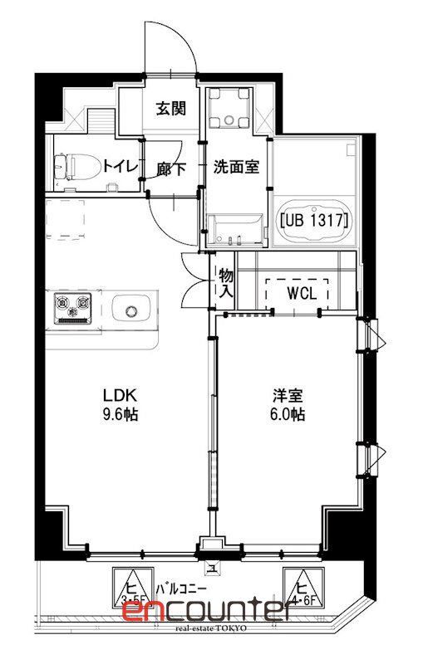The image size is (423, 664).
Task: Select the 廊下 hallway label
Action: (170, 168)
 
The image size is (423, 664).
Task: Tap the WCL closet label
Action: (297, 293)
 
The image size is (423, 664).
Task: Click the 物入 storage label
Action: (225, 283)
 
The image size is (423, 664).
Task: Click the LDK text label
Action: (119, 394)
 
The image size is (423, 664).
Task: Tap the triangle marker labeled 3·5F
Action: (129, 585)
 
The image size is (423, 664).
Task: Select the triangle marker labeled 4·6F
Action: (300, 585)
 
